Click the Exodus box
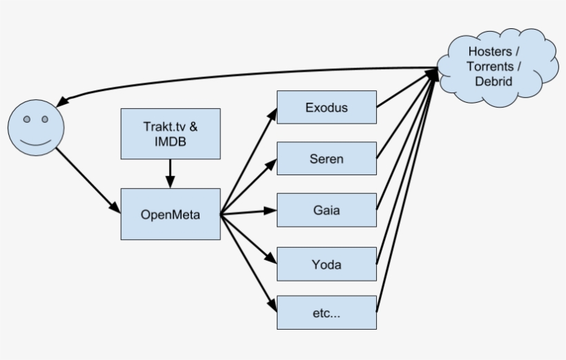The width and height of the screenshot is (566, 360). tap(326, 107)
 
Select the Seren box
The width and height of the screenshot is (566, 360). tap(326, 159)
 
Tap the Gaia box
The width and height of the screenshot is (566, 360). tap(326, 210)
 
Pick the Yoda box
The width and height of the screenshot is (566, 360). tap(326, 263)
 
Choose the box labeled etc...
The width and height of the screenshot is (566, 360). tap(326, 312)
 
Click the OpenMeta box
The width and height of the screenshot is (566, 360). tap(170, 214)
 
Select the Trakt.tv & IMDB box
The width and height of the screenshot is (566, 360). tap(170, 133)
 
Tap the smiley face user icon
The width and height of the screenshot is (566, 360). tap(35, 127)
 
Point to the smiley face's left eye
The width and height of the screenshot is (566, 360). tap(26, 119)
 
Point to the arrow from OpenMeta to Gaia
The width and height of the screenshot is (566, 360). tap(248, 212)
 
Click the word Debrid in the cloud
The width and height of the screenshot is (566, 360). tap(494, 81)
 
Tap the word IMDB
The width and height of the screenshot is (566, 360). tap(170, 141)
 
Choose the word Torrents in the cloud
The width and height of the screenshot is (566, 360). tap(491, 66)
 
